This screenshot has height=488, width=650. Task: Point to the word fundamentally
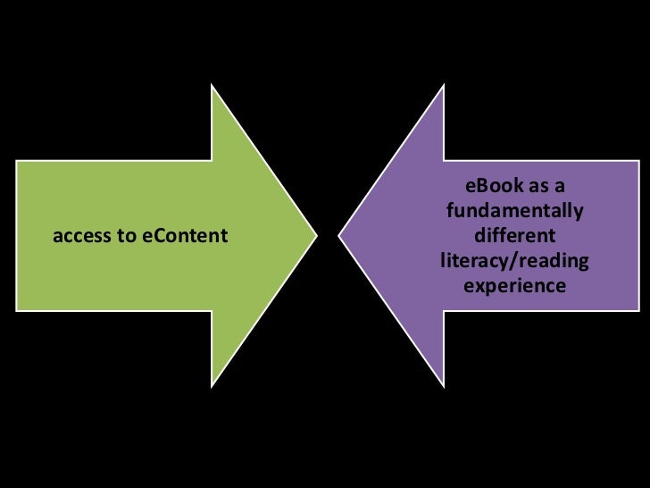514,212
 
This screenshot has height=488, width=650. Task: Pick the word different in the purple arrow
514,237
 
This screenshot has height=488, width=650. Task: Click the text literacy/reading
514,262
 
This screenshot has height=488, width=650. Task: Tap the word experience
514,287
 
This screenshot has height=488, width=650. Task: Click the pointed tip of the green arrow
316,237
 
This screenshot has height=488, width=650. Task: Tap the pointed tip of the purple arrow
339,237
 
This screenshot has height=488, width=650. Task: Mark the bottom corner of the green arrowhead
212,386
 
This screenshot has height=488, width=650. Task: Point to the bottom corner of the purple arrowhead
444,386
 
